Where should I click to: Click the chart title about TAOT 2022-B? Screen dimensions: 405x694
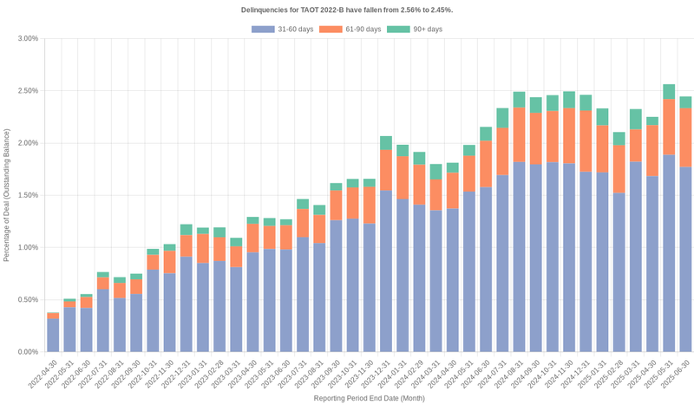pyautogui.click(x=346, y=10)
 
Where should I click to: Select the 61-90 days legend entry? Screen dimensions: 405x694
pyautogui.click(x=350, y=29)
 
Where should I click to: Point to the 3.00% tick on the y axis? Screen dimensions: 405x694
pyautogui.click(x=27, y=39)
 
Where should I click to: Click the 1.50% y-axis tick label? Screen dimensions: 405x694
pyautogui.click(x=27, y=195)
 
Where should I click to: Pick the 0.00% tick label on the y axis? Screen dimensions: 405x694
pyautogui.click(x=27, y=352)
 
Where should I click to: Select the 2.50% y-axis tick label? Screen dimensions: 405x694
pyautogui.click(x=27, y=91)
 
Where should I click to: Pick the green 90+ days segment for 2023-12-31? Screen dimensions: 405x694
pyautogui.click(x=386, y=143)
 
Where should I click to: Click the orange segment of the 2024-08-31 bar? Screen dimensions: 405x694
pyautogui.click(x=519, y=134)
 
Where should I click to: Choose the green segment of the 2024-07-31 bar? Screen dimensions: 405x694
pyautogui.click(x=502, y=118)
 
